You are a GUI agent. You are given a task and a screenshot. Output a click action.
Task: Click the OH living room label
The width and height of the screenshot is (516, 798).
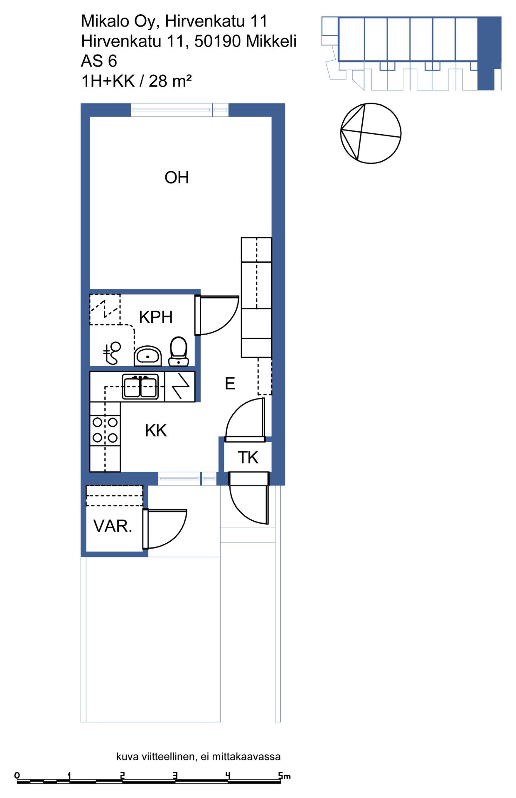point(177,177)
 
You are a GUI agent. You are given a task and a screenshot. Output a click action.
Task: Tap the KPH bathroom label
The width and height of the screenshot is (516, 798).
point(156,317)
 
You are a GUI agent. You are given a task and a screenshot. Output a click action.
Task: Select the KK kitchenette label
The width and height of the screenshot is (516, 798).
point(156,431)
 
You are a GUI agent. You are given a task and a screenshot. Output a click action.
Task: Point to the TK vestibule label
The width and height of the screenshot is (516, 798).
point(248,458)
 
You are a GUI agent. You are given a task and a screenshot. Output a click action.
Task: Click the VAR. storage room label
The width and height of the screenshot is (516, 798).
point(113,526)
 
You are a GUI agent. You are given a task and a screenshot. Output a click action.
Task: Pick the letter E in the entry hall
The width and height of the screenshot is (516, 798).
point(230,384)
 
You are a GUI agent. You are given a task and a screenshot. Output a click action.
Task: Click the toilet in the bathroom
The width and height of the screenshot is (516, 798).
point(179,351)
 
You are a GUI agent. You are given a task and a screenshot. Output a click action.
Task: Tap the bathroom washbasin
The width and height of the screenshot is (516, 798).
point(148,356)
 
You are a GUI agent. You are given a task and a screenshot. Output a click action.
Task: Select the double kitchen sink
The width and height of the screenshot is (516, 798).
point(140,387)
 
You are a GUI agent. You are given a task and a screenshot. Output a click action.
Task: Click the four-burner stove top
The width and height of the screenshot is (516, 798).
point(105,430)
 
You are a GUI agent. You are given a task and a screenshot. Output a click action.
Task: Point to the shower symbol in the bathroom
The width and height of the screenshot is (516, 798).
point(112,353)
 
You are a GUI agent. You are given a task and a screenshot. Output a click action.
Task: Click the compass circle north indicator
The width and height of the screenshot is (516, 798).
point(371,133)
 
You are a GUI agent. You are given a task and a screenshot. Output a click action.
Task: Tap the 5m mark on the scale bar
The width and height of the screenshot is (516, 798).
point(284,776)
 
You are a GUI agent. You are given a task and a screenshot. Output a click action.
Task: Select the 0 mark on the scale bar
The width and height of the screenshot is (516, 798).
point(17,776)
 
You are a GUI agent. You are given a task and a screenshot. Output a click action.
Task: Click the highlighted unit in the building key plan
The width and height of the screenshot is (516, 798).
point(489,53)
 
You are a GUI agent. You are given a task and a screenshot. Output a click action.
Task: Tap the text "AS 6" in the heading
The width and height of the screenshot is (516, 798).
point(99,61)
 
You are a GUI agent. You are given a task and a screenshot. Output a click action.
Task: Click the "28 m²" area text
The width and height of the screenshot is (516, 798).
point(170,81)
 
